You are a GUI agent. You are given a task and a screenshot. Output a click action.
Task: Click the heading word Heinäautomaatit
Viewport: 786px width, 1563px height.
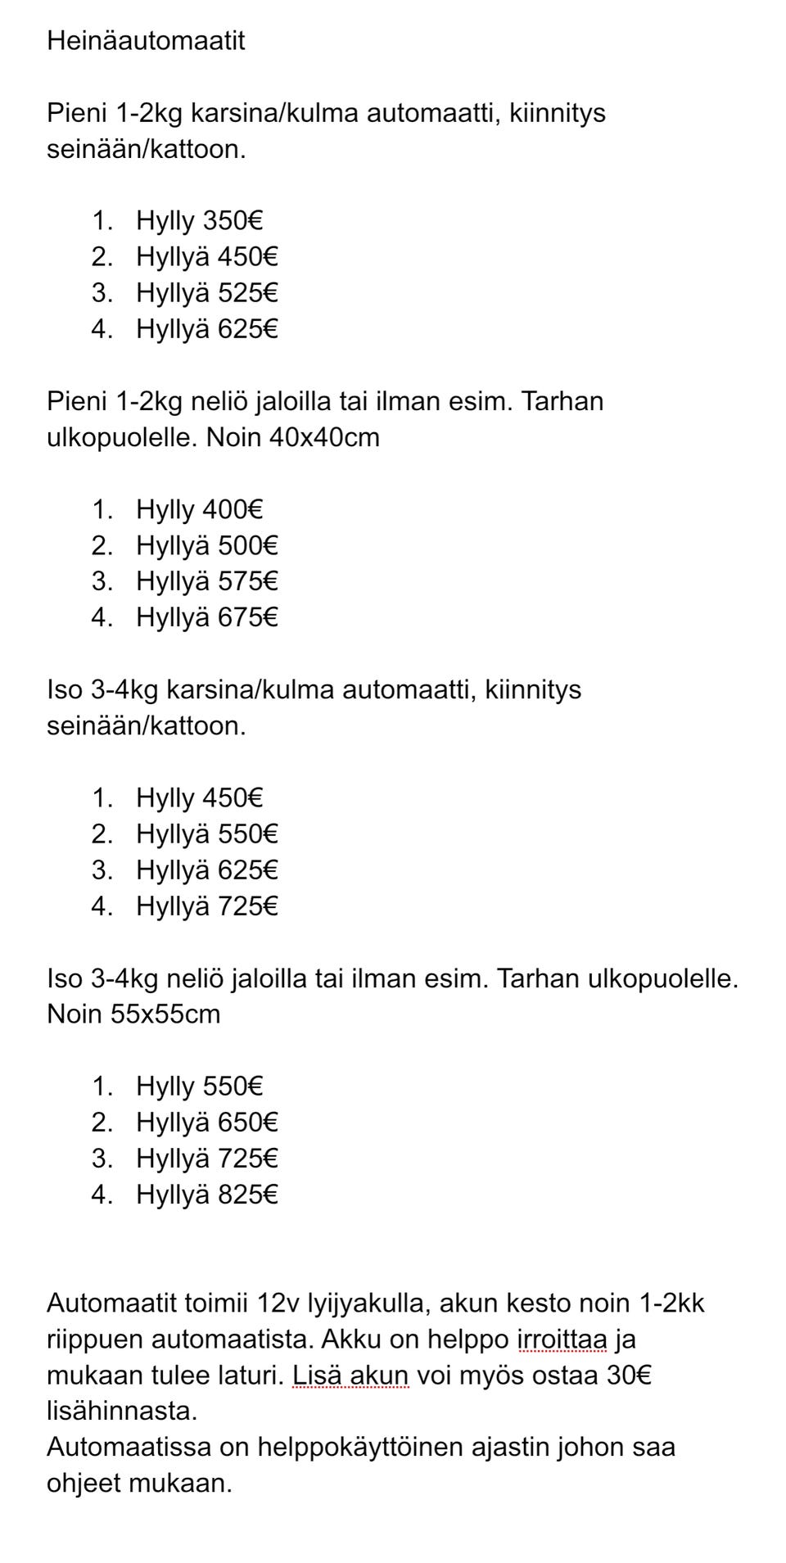click(146, 41)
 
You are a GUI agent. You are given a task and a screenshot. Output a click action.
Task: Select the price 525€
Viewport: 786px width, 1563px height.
click(248, 293)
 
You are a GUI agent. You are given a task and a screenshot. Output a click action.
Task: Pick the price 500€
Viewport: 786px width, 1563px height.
click(248, 545)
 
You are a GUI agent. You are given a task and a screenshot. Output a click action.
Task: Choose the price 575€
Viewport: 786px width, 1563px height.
click(248, 581)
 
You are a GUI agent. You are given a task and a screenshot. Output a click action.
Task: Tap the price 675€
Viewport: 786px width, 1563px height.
click(248, 617)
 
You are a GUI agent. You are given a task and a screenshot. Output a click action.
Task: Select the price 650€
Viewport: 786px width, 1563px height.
click(248, 1122)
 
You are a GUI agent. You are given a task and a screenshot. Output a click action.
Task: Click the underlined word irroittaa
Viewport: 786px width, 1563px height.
click(562, 1339)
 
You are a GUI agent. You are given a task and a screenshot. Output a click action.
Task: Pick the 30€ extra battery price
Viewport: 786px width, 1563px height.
click(629, 1375)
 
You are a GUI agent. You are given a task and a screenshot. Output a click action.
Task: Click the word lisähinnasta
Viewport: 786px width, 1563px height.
click(122, 1411)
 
